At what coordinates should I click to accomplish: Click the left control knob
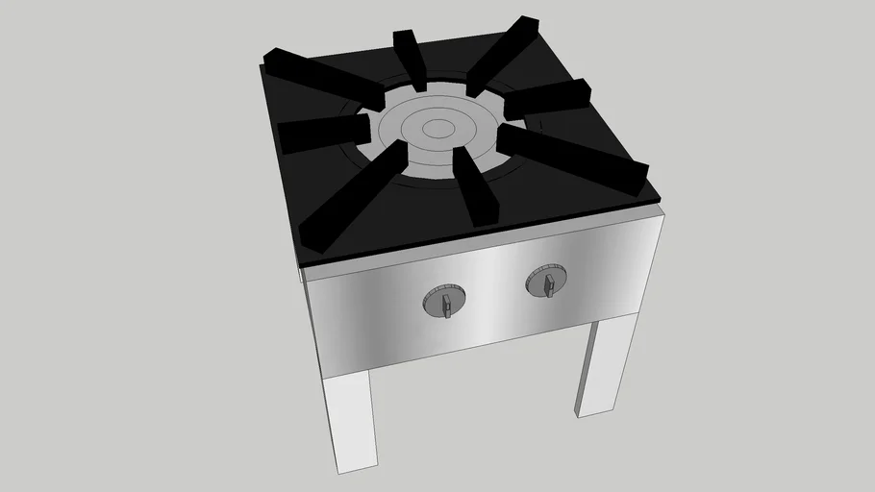click(443, 301)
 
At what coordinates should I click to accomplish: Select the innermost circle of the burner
click(437, 126)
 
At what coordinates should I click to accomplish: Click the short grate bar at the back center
click(410, 56)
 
